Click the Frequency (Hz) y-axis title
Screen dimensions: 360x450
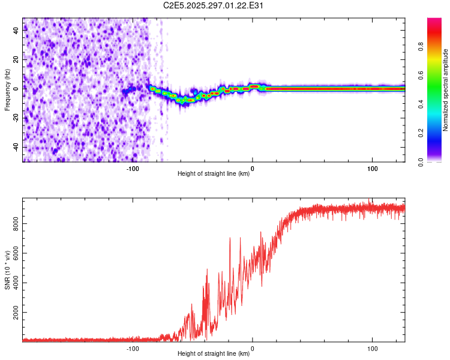(7, 89)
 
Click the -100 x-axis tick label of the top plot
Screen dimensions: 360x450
(133, 169)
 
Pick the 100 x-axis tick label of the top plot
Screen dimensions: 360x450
(372, 169)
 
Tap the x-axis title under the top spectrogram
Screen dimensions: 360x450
(214, 174)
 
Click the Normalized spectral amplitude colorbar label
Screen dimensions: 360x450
(445, 91)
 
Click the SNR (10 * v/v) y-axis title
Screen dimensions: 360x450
(7, 270)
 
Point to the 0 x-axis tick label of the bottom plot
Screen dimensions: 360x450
(253, 348)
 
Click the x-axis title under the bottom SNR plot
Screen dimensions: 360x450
(214, 353)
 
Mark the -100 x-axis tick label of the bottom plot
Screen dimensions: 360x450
(133, 348)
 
